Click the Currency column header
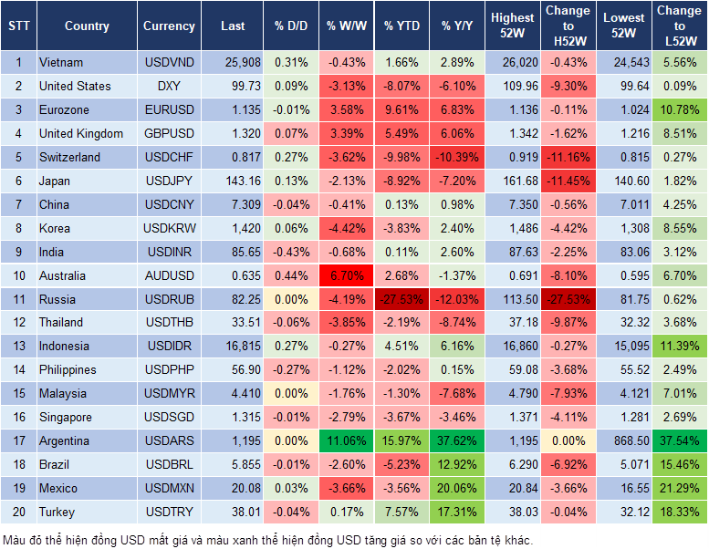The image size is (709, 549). click(169, 26)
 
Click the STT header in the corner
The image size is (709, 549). click(17, 26)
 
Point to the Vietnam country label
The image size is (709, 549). click(61, 63)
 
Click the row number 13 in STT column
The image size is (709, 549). click(18, 347)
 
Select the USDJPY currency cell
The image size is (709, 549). click(169, 181)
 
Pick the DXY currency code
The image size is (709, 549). click(169, 87)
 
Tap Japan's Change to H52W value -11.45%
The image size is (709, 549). click(568, 181)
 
